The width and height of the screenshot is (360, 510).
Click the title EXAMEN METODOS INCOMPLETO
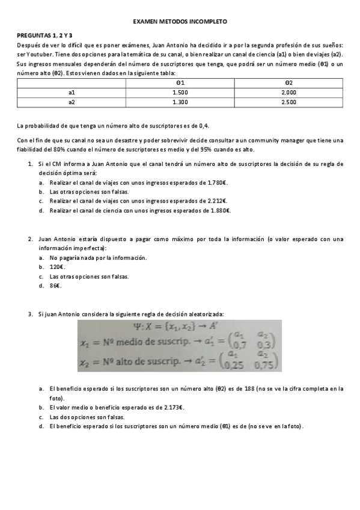point(180,20)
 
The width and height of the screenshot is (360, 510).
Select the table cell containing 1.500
point(180,92)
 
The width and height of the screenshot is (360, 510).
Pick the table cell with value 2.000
point(288,92)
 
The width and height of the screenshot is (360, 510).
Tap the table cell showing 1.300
point(180,102)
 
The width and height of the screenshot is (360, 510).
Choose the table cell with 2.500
point(288,102)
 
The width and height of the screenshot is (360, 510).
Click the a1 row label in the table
point(72,92)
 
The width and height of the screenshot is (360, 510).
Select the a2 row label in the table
point(72,102)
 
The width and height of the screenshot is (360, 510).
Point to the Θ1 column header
point(180,82)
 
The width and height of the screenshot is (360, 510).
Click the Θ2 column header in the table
point(288,82)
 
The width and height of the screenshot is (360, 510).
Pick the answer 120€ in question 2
point(57,266)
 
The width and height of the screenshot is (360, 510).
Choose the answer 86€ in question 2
point(55,286)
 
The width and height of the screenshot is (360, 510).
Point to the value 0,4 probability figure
point(204,126)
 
